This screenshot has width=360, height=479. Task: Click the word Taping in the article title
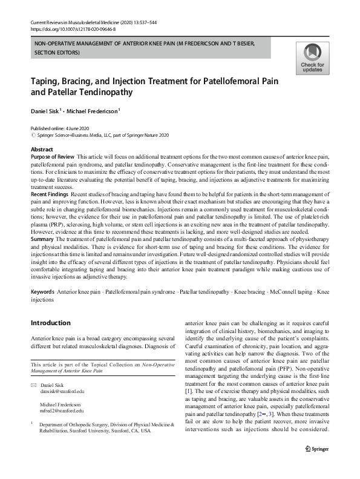coord(45,81)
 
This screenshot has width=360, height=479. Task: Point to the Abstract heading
coord(42,149)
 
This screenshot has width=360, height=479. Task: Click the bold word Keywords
coord(42,292)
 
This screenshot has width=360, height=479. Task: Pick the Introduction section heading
coord(50,323)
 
